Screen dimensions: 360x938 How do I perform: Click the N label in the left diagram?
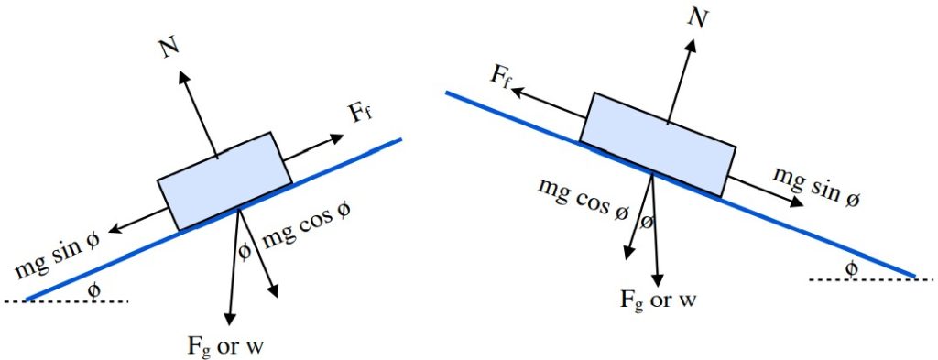click(168, 49)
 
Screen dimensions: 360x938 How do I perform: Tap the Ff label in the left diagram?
click(360, 115)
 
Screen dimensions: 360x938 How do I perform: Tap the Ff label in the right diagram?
click(500, 74)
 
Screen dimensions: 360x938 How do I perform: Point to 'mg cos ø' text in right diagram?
click(584, 199)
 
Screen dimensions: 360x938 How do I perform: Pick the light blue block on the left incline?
click(225, 180)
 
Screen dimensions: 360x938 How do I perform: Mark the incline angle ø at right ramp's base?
click(851, 267)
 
